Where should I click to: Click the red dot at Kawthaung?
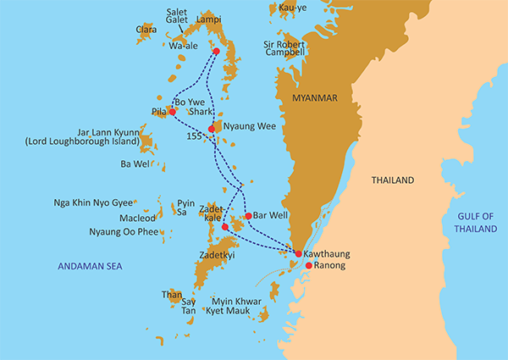click(x=298, y=253)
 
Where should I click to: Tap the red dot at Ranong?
click(x=308, y=265)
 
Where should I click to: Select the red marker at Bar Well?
click(x=247, y=216)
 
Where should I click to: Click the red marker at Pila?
click(x=172, y=111)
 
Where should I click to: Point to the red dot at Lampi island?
click(x=216, y=52)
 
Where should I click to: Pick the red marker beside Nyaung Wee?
click(x=212, y=130)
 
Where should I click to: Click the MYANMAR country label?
click(x=312, y=99)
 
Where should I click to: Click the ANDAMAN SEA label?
click(x=90, y=266)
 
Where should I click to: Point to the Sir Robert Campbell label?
click(x=284, y=47)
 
